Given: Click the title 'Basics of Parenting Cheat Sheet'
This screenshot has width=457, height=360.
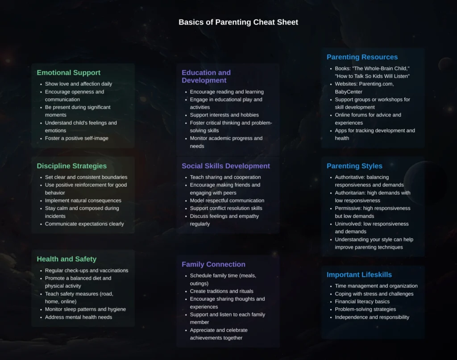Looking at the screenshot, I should (x=238, y=22).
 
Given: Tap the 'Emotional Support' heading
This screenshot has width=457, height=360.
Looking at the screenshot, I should (x=68, y=73).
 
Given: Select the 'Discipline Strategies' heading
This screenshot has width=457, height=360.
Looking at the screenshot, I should (x=71, y=166).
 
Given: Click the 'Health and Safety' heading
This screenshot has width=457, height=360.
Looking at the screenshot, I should (x=66, y=259).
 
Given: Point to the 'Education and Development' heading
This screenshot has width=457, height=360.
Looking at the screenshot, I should (x=206, y=76).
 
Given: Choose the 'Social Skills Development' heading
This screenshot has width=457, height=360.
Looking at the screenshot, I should (x=226, y=166).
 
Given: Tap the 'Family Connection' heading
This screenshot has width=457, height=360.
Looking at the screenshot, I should (x=213, y=264).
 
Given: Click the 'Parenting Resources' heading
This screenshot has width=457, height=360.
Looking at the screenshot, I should (x=362, y=57).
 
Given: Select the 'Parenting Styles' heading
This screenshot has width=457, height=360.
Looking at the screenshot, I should (x=354, y=166).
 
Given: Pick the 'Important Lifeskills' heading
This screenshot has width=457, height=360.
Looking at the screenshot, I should (x=359, y=275).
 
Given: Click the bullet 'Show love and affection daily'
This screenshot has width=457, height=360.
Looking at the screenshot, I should (x=79, y=84).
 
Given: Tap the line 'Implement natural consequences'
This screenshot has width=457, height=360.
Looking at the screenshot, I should (x=83, y=201).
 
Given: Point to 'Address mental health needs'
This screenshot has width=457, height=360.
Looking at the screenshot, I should (x=79, y=317).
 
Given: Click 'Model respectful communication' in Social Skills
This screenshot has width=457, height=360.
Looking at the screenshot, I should (x=227, y=201).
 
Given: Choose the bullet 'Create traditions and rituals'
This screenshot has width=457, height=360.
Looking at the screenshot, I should (x=221, y=291).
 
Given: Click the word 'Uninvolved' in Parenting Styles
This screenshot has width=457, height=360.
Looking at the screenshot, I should (x=349, y=224).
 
